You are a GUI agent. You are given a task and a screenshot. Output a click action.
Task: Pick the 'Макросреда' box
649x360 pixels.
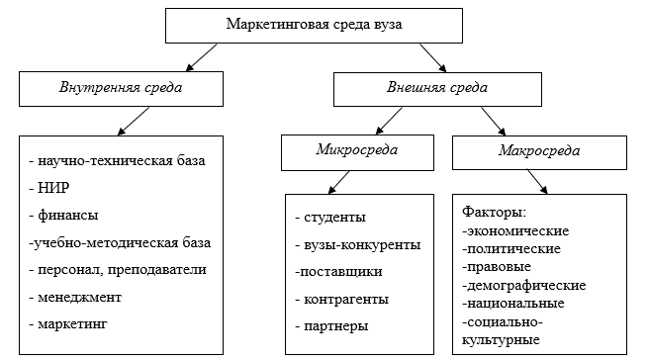coord(539,152)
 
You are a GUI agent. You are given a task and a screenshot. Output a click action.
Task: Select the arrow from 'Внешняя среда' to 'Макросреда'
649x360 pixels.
coord(492,121)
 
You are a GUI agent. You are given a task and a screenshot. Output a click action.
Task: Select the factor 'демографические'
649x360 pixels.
coord(523,285)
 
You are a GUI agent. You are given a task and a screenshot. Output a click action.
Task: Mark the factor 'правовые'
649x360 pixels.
coord(498,267)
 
